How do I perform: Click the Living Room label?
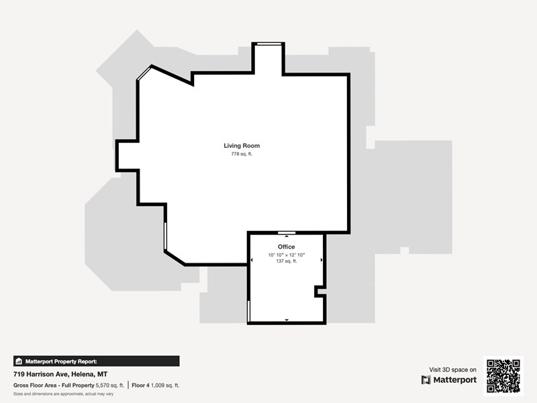[242, 146]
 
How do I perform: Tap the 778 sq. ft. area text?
[242, 154]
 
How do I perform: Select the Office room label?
[287, 247]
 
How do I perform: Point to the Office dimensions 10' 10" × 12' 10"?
[287, 255]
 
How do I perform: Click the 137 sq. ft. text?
[287, 261]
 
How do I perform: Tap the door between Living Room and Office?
[287, 233]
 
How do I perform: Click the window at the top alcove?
[269, 44]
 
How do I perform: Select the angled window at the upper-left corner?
[144, 73]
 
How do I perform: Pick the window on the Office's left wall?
[248, 311]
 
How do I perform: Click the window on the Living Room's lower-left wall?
[165, 236]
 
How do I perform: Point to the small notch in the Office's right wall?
[320, 292]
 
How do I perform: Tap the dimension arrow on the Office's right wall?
[322, 260]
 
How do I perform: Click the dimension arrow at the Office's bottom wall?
[287, 320]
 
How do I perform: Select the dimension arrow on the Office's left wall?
[252, 260]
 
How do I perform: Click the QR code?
[503, 376]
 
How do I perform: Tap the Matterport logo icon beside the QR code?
[426, 380]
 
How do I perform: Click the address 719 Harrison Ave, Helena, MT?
[60, 374]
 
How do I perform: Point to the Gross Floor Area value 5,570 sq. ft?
[109, 385]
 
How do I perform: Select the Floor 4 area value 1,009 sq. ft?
[165, 385]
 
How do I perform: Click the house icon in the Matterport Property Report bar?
[19, 361]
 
